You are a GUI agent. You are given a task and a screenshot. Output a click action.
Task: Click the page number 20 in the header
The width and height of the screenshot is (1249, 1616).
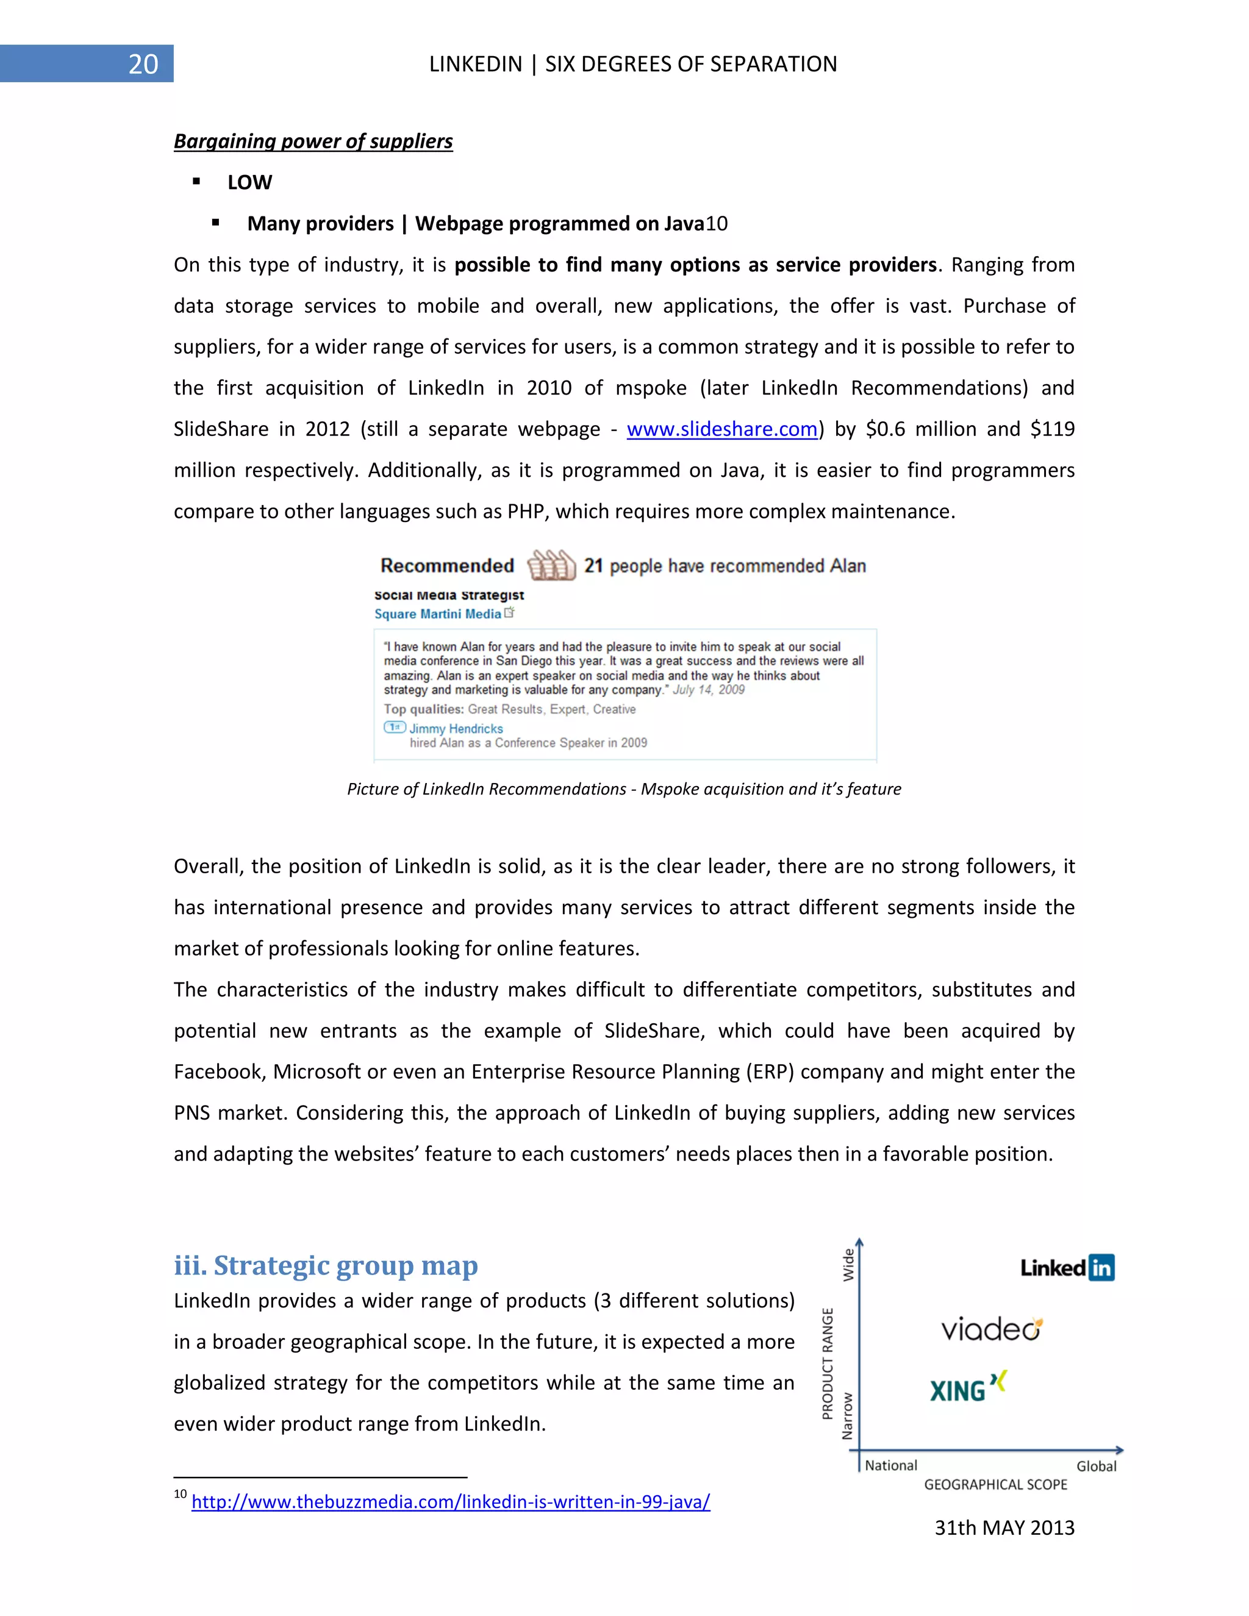click(143, 65)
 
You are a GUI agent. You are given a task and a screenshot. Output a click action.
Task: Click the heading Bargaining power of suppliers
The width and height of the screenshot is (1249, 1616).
click(313, 141)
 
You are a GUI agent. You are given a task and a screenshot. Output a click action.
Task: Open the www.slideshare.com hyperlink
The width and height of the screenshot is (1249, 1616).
click(721, 429)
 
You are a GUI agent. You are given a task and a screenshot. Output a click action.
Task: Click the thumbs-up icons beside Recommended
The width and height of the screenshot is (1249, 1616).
click(551, 566)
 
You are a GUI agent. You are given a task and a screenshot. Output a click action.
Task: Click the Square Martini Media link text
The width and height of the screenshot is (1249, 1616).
click(437, 614)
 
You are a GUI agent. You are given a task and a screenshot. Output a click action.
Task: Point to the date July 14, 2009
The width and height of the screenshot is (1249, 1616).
click(708, 690)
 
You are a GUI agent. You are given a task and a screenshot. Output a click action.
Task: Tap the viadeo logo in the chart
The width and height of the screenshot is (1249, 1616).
click(992, 1329)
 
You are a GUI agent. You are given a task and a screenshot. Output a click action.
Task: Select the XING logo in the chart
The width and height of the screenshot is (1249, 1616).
click(968, 1387)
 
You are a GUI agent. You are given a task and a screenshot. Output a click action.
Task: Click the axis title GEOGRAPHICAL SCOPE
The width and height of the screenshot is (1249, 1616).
click(995, 1484)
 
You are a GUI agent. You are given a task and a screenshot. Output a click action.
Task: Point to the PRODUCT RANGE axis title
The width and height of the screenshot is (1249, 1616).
click(828, 1363)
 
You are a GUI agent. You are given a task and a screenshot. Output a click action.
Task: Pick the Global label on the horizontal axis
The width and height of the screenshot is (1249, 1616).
click(1096, 1466)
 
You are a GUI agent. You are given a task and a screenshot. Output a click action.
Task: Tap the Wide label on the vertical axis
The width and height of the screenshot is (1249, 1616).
click(849, 1265)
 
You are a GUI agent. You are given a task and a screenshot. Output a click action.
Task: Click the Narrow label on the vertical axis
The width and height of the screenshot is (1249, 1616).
click(848, 1415)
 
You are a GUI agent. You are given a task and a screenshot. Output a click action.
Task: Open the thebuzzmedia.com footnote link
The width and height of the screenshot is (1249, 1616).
click(451, 1501)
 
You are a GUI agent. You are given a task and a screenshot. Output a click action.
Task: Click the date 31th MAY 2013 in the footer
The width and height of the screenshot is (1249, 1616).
click(1004, 1528)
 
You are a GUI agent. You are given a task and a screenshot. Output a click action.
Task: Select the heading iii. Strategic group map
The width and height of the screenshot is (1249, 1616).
click(326, 1265)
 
